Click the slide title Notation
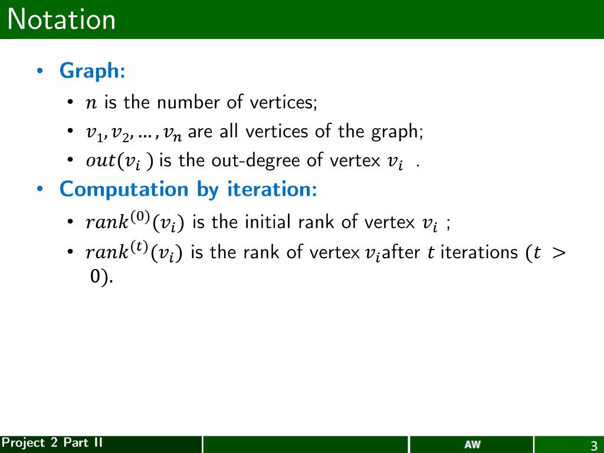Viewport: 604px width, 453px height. click(62, 20)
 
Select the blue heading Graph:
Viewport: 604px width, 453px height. click(92, 71)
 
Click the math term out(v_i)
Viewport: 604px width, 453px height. click(120, 161)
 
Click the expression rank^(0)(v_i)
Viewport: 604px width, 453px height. click(134, 222)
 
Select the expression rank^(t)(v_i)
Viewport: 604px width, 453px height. click(134, 252)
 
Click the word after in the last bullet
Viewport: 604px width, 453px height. click(401, 252)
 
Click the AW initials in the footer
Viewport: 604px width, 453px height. click(472, 445)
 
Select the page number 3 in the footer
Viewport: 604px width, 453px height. click(594, 445)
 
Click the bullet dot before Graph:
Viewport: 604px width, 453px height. click(40, 72)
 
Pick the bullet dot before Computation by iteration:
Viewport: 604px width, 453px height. click(40, 190)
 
